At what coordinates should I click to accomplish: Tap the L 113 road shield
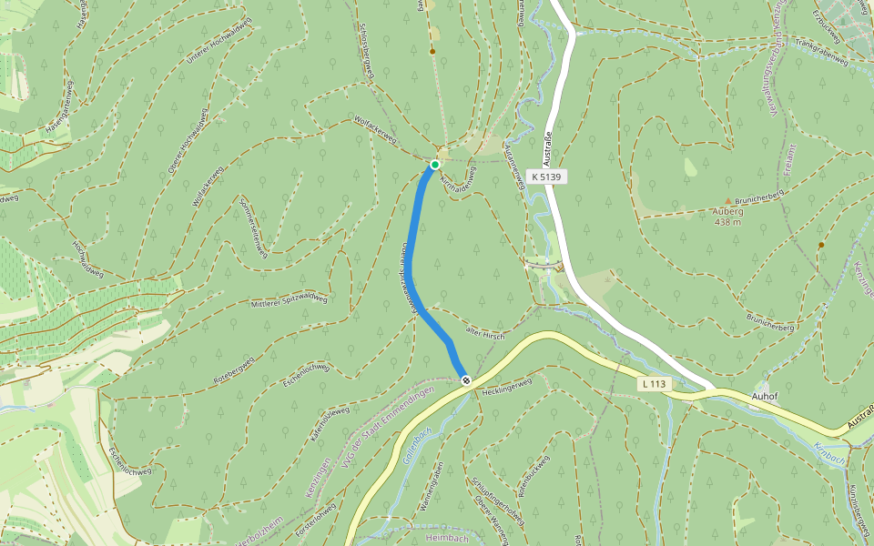655,385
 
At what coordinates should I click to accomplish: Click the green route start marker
435,165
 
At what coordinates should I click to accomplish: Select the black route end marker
466,379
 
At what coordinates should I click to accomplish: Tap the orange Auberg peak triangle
727,200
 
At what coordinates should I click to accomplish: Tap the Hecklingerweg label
506,386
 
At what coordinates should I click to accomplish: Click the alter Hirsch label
484,334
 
